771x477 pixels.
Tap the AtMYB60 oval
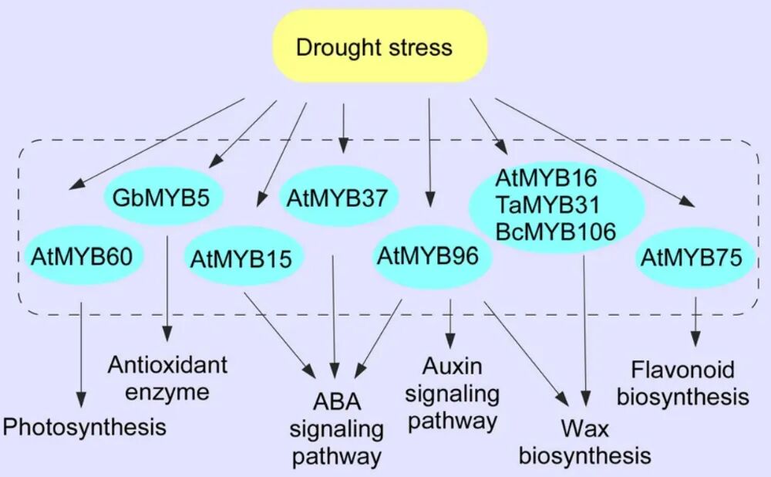pos(82,257)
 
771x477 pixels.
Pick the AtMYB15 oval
pos(241,257)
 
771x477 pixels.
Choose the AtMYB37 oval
pos(340,198)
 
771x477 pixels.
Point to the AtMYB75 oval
pos(690,258)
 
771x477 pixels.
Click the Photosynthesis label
pos(85,427)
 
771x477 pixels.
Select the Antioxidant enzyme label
pos(168,377)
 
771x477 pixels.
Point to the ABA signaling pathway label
pos(337,429)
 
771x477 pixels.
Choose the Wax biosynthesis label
pos(584,441)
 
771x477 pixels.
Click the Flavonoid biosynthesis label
pos(690,383)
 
